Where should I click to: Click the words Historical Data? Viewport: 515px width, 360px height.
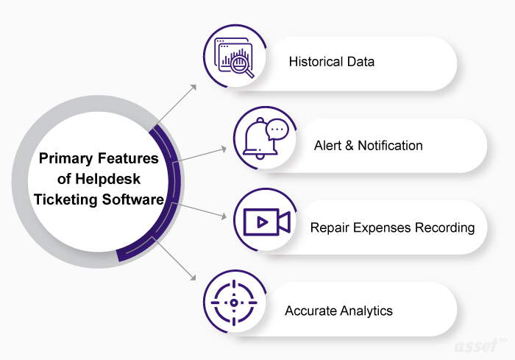pos(331,61)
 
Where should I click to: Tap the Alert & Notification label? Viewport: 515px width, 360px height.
pos(368,145)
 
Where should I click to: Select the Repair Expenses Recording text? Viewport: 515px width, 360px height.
pos(392,227)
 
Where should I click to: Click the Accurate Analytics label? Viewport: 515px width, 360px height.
pos(338,311)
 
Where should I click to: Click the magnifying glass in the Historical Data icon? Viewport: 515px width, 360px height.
pos(240,64)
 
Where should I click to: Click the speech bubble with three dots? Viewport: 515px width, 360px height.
pos(277,130)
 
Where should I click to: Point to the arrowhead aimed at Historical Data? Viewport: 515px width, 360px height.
pos(194,87)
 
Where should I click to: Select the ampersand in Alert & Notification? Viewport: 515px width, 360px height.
pos(349,145)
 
